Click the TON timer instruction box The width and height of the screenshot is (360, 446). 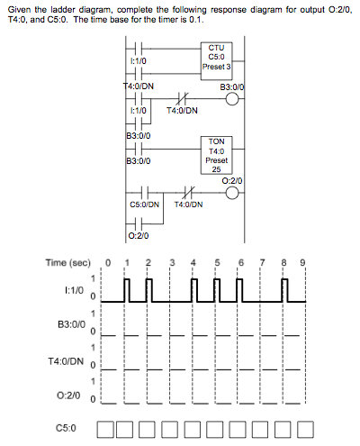tap(216, 155)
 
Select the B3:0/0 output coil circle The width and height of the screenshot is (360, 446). tap(233, 100)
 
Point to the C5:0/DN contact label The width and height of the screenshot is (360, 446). tap(144, 205)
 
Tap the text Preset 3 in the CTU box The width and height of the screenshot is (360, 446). tap(216, 66)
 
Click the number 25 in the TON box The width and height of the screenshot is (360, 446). tap(216, 169)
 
